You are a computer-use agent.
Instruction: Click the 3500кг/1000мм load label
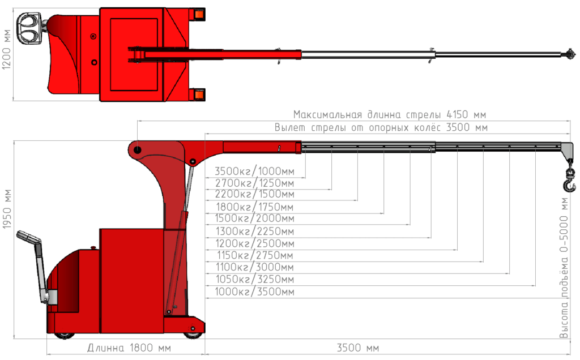[254, 171]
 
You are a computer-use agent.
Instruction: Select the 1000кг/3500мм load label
[255, 292]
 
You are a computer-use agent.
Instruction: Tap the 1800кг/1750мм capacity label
[255, 206]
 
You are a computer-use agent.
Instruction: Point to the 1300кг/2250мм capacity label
[255, 231]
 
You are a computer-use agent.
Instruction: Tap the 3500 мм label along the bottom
[358, 347]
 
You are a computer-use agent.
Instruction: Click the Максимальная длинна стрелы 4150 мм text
[390, 115]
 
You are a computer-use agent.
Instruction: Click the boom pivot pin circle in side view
[138, 149]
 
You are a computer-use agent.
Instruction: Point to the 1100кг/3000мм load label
[255, 267]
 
